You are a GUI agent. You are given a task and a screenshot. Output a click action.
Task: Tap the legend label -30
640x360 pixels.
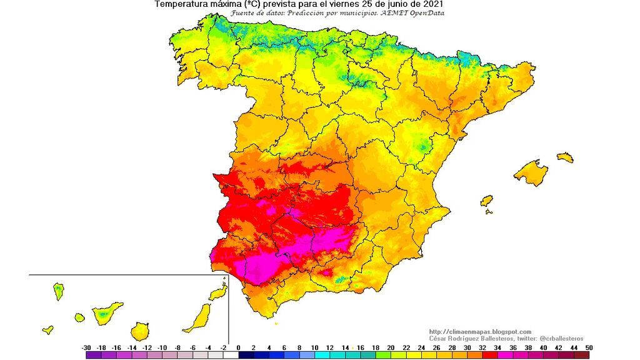pyautogui.click(x=87, y=347)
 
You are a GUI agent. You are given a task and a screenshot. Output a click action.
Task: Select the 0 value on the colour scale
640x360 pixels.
pyautogui.click(x=239, y=347)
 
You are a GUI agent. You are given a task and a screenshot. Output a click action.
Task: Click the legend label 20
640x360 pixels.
pyautogui.click(x=391, y=347)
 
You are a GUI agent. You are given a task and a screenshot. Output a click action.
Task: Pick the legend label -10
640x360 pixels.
pyautogui.click(x=162, y=347)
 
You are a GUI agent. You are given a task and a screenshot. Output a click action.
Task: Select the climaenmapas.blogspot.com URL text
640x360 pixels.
pyautogui.click(x=480, y=331)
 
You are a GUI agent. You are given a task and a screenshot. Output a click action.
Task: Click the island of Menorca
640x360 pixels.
pyautogui.click(x=565, y=157)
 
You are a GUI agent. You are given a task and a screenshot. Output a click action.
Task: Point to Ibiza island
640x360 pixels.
pyautogui.click(x=487, y=201)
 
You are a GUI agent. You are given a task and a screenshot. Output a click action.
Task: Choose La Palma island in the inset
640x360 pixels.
pyautogui.click(x=58, y=291)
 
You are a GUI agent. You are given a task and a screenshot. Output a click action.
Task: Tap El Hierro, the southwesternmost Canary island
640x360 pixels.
pyautogui.click(x=47, y=329)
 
